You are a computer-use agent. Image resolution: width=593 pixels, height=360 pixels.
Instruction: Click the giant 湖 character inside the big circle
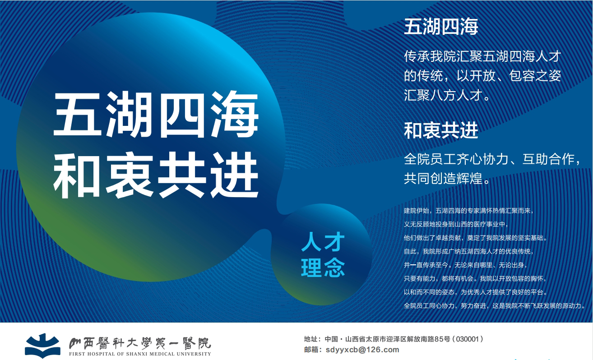(129, 114)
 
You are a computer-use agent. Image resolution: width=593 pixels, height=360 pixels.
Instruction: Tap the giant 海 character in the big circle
(234, 114)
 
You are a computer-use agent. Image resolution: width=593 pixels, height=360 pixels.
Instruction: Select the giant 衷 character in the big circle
(129, 175)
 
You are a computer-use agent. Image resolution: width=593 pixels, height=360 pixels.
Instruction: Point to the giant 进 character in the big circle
(234, 175)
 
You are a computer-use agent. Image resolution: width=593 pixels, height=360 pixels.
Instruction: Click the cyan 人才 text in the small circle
(323, 242)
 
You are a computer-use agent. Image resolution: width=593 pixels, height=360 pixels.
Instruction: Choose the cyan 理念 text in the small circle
(323, 268)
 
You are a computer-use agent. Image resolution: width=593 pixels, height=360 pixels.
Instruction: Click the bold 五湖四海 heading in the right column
(441, 27)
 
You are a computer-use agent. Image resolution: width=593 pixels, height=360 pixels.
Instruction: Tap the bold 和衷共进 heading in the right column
(441, 130)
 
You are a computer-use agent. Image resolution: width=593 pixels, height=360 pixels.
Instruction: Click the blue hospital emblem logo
(42, 346)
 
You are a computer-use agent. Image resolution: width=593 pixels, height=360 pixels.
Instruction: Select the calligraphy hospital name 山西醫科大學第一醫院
(140, 343)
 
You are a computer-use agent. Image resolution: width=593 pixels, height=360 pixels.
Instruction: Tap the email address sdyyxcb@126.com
(362, 350)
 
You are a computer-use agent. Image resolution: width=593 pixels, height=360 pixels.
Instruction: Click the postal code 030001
(468, 339)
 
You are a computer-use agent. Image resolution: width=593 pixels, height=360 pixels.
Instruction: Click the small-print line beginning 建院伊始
(468, 211)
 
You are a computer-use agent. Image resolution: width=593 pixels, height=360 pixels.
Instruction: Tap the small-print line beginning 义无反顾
(456, 224)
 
